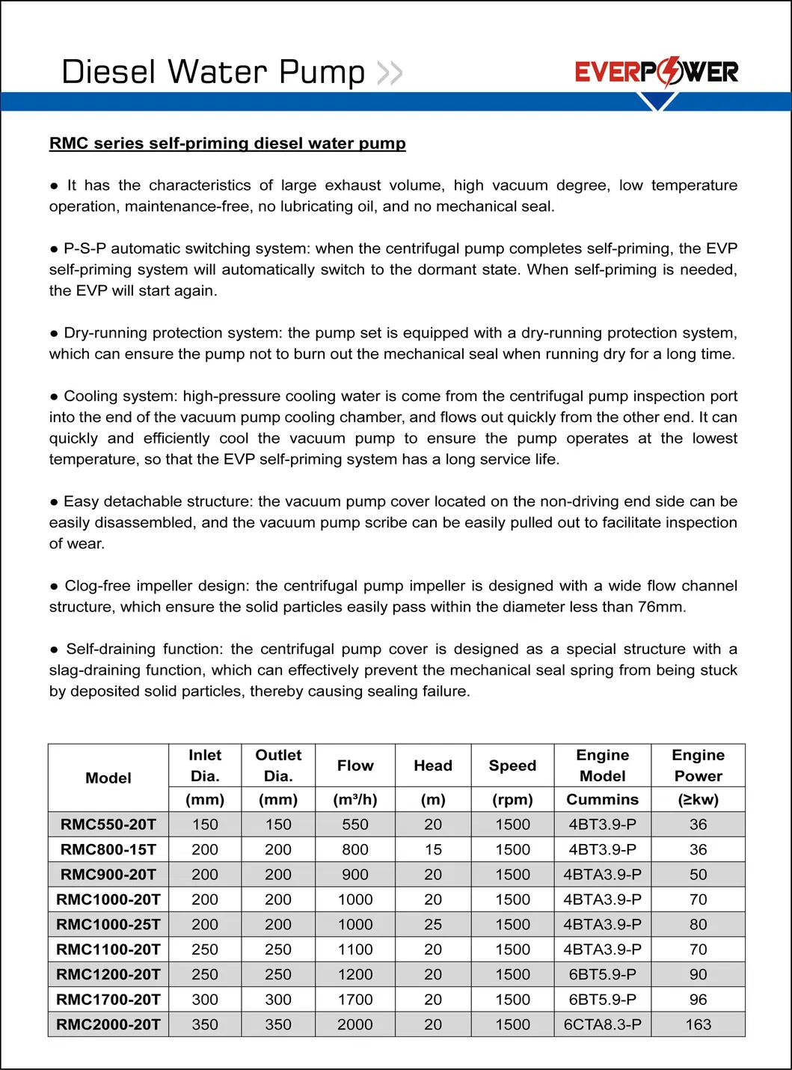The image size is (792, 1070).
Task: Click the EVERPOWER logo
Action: tap(656, 72)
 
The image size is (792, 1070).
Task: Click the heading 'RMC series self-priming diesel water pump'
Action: tap(227, 143)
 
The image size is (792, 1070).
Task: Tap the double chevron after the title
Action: tap(390, 73)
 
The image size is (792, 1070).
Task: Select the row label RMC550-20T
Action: tap(108, 825)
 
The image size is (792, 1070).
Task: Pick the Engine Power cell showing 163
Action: tap(698, 1024)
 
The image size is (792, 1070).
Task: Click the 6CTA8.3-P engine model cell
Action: tap(602, 1024)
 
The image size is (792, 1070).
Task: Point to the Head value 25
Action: tap(433, 924)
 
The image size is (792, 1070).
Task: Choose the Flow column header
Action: tap(355, 765)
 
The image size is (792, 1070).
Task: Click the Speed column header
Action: tap(512, 765)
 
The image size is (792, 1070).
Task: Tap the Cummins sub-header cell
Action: tap(602, 799)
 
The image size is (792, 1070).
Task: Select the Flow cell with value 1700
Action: tap(355, 1000)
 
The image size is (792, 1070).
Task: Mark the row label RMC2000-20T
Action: tap(108, 1024)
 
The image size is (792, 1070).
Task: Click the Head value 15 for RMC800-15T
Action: tap(433, 849)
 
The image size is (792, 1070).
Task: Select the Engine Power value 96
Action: tap(698, 1000)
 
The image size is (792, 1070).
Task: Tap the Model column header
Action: tap(108, 778)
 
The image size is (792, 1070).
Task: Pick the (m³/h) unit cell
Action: tap(355, 799)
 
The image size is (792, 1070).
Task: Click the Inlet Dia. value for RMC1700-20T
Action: tap(205, 1000)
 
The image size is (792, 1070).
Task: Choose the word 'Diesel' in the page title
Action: tap(108, 73)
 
